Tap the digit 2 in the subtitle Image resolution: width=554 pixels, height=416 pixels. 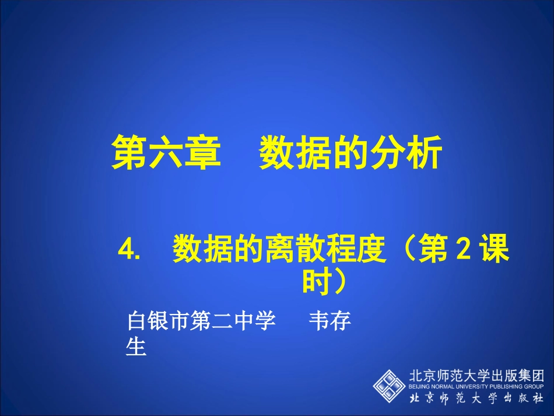point(462,251)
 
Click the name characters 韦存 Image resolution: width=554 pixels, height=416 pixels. point(330,321)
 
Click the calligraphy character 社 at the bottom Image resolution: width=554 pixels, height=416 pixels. point(535,398)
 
